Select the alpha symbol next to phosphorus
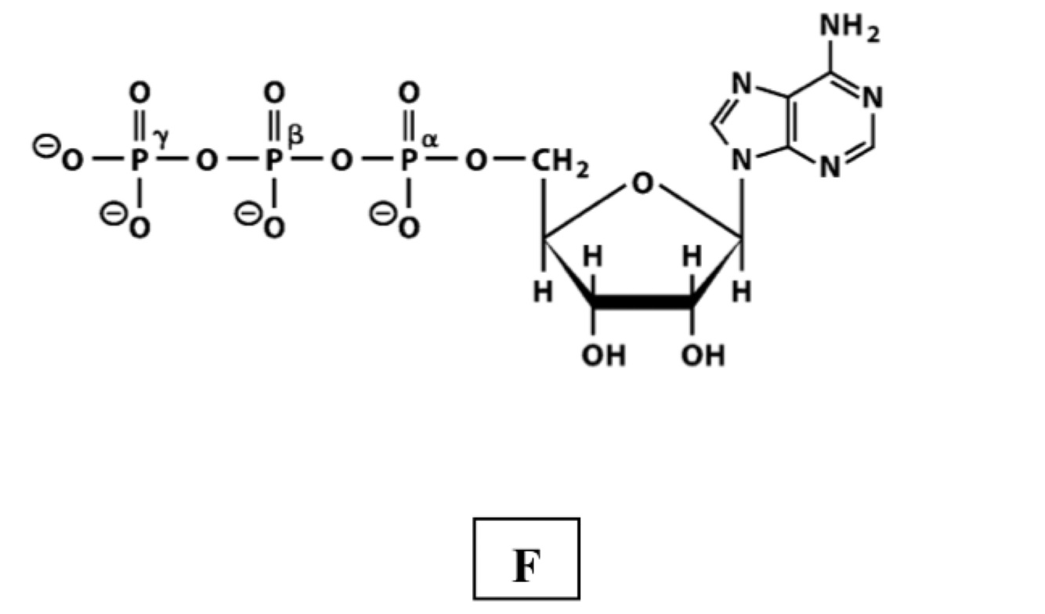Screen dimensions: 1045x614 click(430, 139)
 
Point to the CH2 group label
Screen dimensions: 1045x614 click(560, 164)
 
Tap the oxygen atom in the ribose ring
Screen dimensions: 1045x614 click(642, 185)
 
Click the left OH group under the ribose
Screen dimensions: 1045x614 click(603, 356)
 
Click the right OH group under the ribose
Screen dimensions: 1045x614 click(703, 356)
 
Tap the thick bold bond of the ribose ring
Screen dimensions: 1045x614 click(642, 302)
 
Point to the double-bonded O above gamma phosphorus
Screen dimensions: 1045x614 click(139, 93)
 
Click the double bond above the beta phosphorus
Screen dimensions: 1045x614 click(273, 125)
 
